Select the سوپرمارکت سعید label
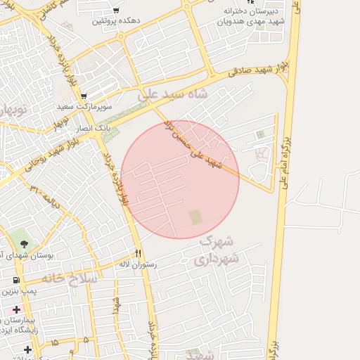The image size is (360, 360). point(75,106)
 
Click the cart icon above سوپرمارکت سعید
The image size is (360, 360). point(84,96)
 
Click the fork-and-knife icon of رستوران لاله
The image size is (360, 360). point(139,253)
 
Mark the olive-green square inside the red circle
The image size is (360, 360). point(195,218)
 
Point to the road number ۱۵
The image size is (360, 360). point(54,342)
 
